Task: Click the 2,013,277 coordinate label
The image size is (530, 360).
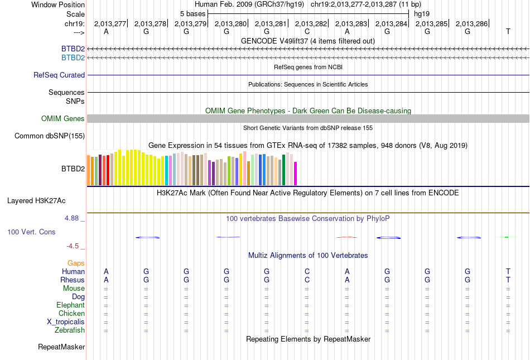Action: [x=110, y=23]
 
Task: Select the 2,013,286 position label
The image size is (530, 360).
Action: [x=472, y=23]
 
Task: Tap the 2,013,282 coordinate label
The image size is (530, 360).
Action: [x=311, y=23]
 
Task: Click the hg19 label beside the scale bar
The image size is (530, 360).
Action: [x=421, y=13]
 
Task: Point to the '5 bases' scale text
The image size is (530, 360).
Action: [x=192, y=13]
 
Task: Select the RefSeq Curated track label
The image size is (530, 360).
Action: [x=59, y=75]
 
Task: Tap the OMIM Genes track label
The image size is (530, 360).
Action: [x=63, y=118]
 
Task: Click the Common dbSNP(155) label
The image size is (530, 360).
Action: [x=50, y=136]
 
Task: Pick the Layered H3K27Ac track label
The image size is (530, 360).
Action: [x=46, y=200]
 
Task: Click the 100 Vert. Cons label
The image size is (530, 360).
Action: [x=32, y=231]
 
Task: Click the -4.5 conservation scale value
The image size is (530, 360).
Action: [x=74, y=246]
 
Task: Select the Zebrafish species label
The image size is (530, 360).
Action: [x=70, y=330]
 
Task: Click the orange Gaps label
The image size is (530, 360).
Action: [x=76, y=263]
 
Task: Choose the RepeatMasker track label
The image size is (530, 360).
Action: [x=61, y=347]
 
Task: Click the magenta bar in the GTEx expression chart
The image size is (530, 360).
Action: [x=295, y=174]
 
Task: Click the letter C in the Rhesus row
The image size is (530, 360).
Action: [x=307, y=280]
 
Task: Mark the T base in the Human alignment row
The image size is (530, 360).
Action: [x=508, y=271]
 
